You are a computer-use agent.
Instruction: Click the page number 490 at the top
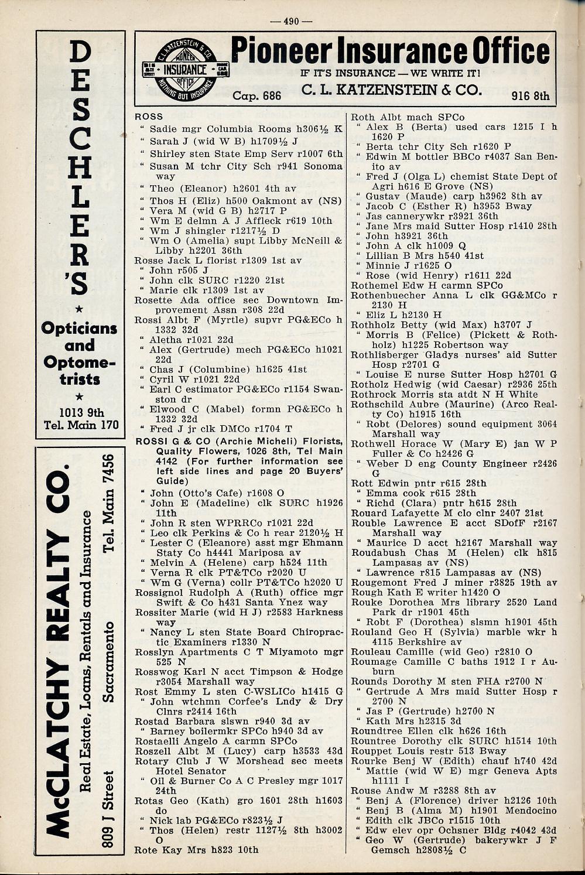coord(291,22)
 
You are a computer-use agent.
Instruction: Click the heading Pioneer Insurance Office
coord(390,52)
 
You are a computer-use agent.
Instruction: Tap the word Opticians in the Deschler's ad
coord(79,328)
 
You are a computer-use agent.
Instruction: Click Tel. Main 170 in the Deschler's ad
coord(81,425)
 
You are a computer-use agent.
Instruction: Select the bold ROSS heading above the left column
coord(149,117)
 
